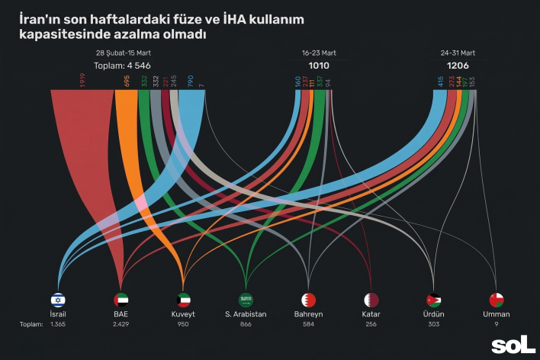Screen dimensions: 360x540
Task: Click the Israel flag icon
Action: [x=58, y=300]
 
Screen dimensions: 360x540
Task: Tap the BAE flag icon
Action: [x=121, y=300]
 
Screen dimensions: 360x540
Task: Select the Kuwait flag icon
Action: [x=183, y=300]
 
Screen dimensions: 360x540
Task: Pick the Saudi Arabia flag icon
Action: [x=246, y=300]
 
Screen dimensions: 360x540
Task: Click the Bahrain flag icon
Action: [x=308, y=300]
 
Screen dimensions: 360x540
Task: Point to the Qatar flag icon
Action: [x=371, y=300]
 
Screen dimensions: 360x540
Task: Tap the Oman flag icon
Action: [x=497, y=300]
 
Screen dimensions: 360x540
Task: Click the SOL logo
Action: [x=513, y=346]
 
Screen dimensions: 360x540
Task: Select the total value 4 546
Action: [x=129, y=66]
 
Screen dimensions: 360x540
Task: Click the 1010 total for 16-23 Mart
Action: [x=319, y=66]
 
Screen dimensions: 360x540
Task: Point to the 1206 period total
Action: [x=458, y=66]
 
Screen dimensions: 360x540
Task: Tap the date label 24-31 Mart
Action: [x=458, y=53]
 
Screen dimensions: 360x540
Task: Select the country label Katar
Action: [x=371, y=314]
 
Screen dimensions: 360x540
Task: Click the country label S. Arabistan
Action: [x=246, y=314]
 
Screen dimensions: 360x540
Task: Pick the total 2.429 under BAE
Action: [x=121, y=325]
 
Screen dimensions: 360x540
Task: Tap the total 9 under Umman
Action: [x=497, y=325]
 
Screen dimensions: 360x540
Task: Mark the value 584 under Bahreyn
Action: [x=308, y=325]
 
